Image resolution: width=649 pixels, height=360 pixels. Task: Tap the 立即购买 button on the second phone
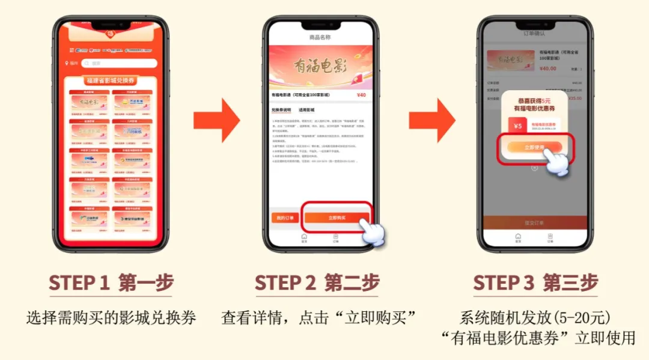pos(337,217)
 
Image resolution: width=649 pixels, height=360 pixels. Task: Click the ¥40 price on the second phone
pos(361,95)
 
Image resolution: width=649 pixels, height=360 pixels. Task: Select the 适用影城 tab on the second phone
pos(306,111)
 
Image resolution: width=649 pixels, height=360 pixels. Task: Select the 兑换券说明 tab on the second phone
pos(281,111)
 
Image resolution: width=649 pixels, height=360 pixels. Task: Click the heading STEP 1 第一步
pos(111,283)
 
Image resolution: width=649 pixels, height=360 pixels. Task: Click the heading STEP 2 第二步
pos(317,283)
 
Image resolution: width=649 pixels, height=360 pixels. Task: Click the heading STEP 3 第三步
pos(535,283)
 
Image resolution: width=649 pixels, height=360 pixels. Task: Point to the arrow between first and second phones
pos(217,120)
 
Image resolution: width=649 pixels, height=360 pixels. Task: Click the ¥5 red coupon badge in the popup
pos(517,126)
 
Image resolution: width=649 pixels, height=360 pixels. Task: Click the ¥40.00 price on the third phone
pos(547,69)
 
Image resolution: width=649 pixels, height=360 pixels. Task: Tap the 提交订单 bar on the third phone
pos(534,222)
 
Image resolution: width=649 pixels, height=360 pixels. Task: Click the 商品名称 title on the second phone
pos(320,37)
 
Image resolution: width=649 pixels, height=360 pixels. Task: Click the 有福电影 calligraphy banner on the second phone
pos(320,66)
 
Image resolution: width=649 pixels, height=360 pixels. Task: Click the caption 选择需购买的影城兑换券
pos(111,318)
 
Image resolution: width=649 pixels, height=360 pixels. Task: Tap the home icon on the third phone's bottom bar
pos(518,237)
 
